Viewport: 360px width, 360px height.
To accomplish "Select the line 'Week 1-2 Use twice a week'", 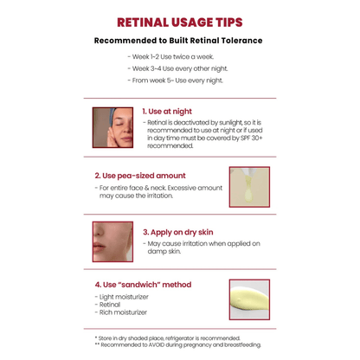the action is [172, 57].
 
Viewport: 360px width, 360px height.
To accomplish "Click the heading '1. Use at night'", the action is [167, 112].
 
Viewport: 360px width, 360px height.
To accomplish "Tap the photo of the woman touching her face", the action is [112, 127].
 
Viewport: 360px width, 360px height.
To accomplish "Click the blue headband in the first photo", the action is [113, 114].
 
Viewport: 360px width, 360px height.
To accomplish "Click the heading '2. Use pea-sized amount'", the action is [140, 176].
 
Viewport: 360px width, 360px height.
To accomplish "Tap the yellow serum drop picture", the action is [249, 187].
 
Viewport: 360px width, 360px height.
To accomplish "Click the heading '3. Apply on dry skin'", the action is [178, 232].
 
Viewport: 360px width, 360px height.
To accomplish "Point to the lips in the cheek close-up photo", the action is [99, 247].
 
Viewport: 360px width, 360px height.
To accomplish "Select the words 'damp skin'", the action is [164, 251].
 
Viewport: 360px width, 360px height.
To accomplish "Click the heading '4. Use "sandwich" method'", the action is [143, 285].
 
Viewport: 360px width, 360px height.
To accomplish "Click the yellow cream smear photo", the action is [249, 299].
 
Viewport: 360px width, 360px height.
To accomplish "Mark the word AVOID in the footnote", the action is [157, 344].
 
